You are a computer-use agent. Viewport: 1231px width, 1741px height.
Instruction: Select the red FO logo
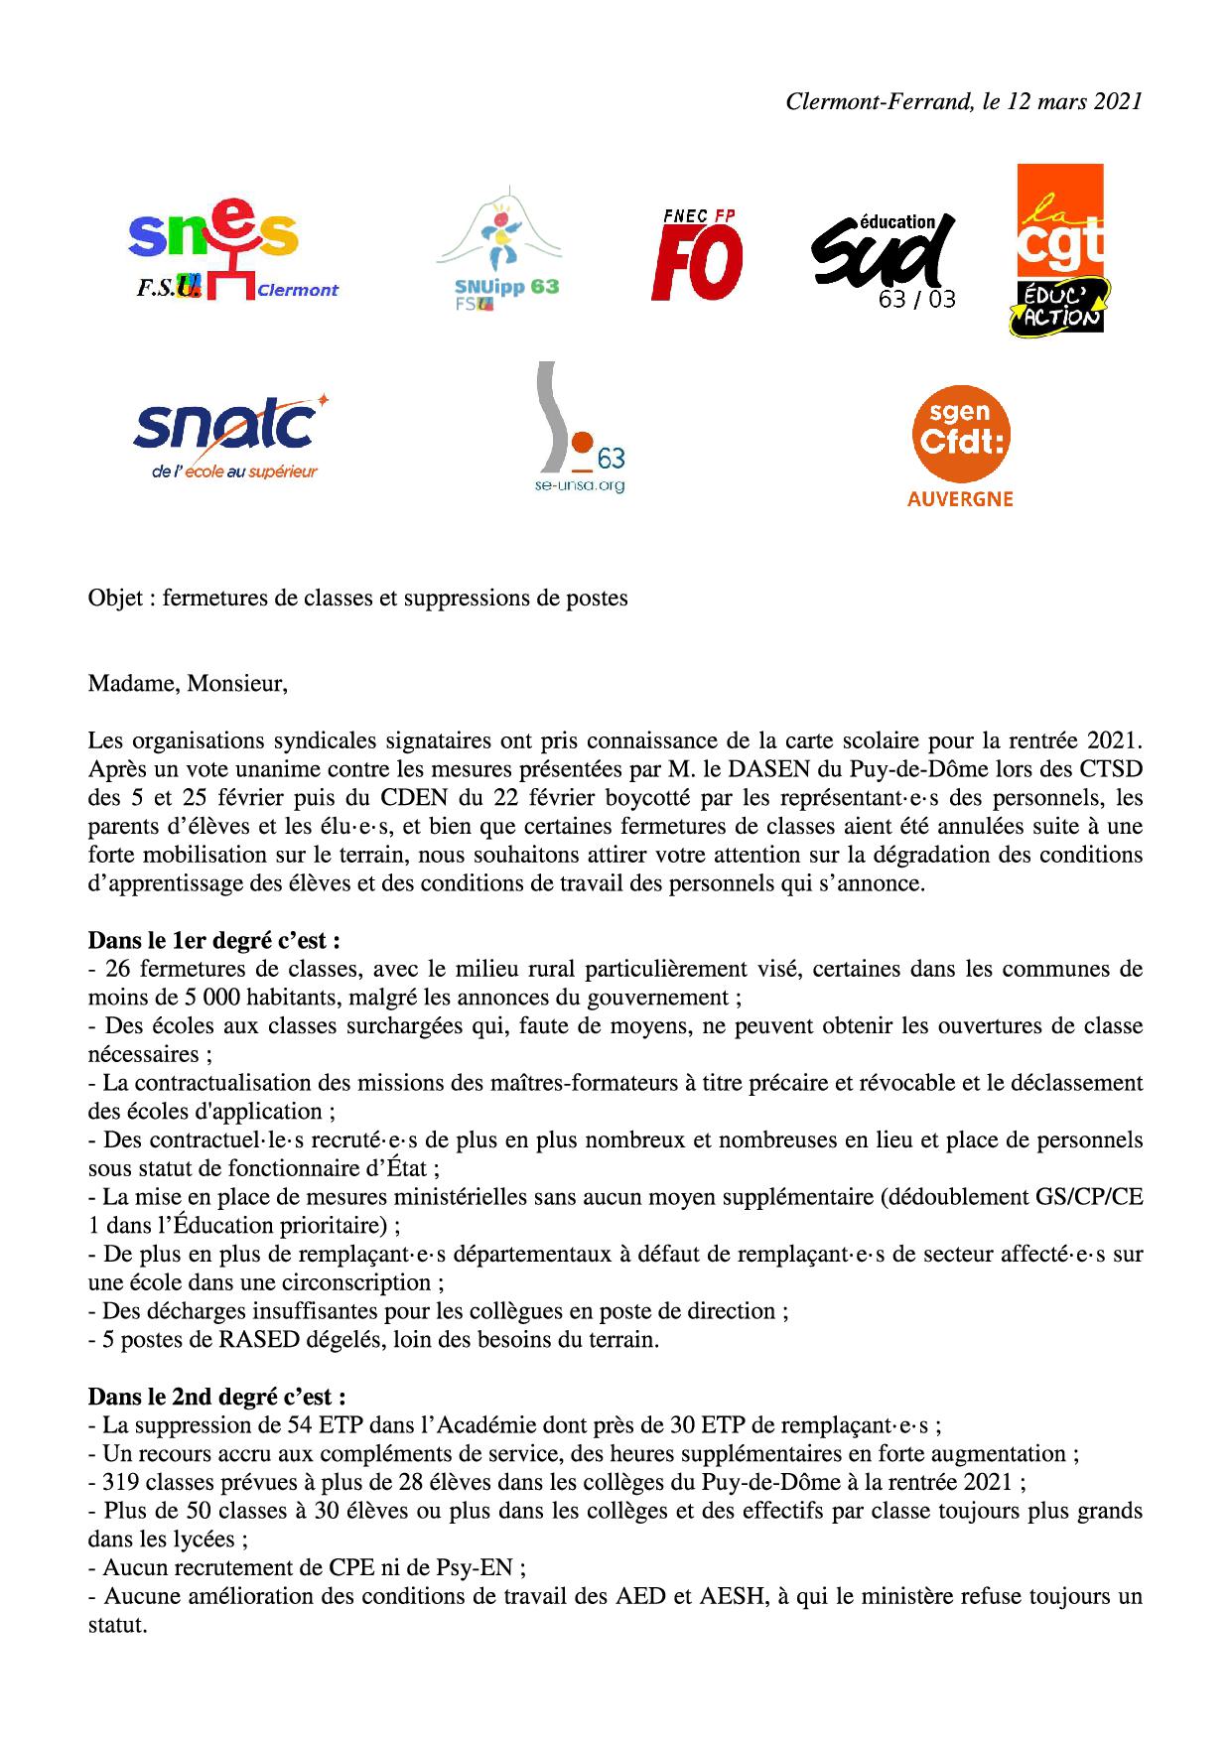tap(697, 255)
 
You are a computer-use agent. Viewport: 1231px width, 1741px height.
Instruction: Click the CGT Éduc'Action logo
tap(1059, 250)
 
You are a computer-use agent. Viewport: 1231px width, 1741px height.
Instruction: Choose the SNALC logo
tap(230, 437)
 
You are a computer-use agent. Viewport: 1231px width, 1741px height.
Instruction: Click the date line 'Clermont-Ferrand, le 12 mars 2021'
tap(963, 101)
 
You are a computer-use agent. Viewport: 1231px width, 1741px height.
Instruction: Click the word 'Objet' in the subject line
tap(115, 599)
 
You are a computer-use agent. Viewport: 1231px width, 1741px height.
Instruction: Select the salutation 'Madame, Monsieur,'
tap(188, 684)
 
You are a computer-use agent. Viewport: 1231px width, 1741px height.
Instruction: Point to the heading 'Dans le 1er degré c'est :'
tap(214, 940)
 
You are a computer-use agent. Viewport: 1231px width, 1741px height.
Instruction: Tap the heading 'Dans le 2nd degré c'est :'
tap(216, 1397)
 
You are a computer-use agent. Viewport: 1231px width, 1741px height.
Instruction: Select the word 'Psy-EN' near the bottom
tap(478, 1567)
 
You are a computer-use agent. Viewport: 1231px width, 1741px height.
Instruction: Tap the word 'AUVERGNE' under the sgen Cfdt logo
tap(960, 499)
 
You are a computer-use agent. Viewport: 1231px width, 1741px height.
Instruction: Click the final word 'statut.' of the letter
tap(117, 1626)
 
